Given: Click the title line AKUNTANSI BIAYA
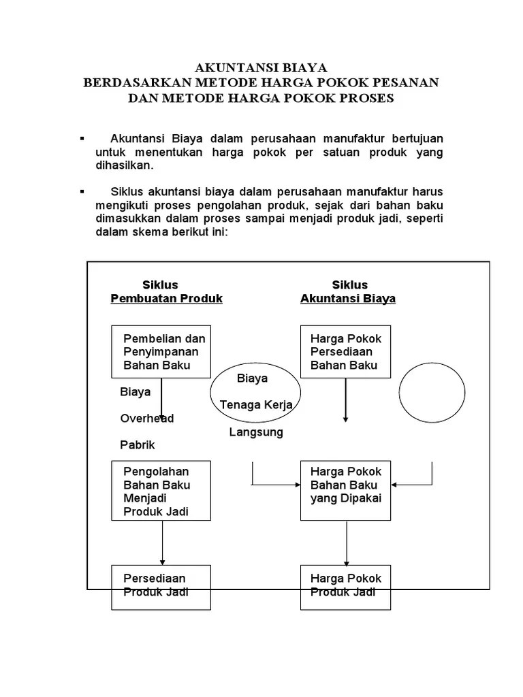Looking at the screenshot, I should (x=261, y=67).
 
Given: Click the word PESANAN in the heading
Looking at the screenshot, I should (x=402, y=82).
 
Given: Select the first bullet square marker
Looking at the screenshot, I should (x=82, y=139).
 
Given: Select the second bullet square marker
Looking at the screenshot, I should (x=82, y=192).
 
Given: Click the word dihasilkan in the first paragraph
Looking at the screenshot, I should (x=124, y=165).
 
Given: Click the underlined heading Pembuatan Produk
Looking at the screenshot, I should (x=166, y=299).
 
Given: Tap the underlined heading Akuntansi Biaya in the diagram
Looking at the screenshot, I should (x=348, y=299).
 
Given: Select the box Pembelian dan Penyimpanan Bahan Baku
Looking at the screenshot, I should (x=161, y=352).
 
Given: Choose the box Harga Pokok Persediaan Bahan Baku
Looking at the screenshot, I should (x=347, y=352).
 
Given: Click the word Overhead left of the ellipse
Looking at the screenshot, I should (x=147, y=419).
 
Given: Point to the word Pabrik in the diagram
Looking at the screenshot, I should (x=138, y=445).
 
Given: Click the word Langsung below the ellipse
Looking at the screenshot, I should (x=256, y=432).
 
